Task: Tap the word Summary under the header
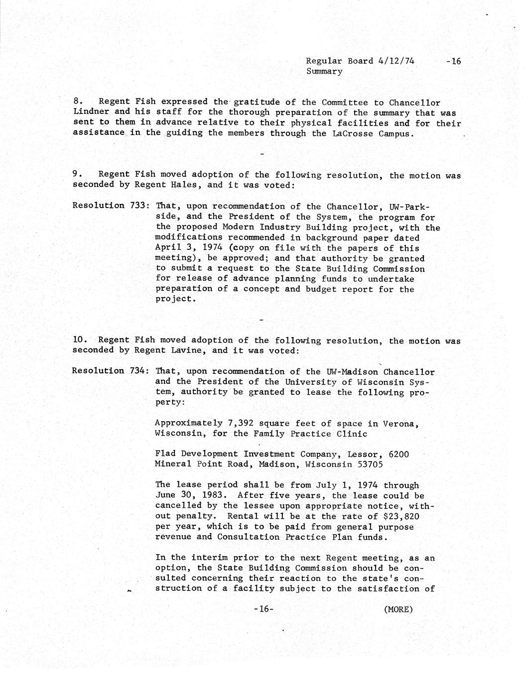(x=324, y=72)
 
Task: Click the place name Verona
(x=400, y=424)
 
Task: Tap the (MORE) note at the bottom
(x=398, y=609)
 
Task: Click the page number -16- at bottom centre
(x=264, y=609)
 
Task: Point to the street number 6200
(x=398, y=454)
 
